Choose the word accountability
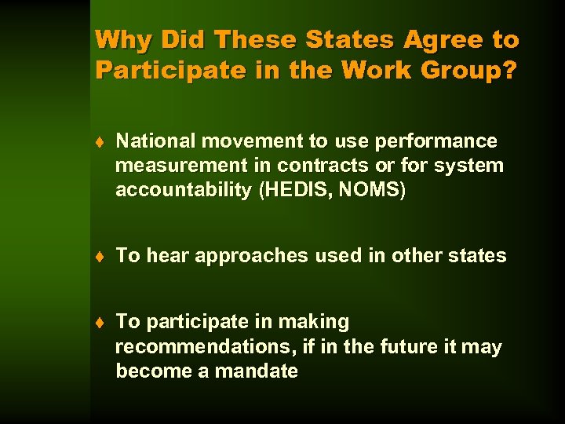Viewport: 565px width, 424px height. pos(184,190)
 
